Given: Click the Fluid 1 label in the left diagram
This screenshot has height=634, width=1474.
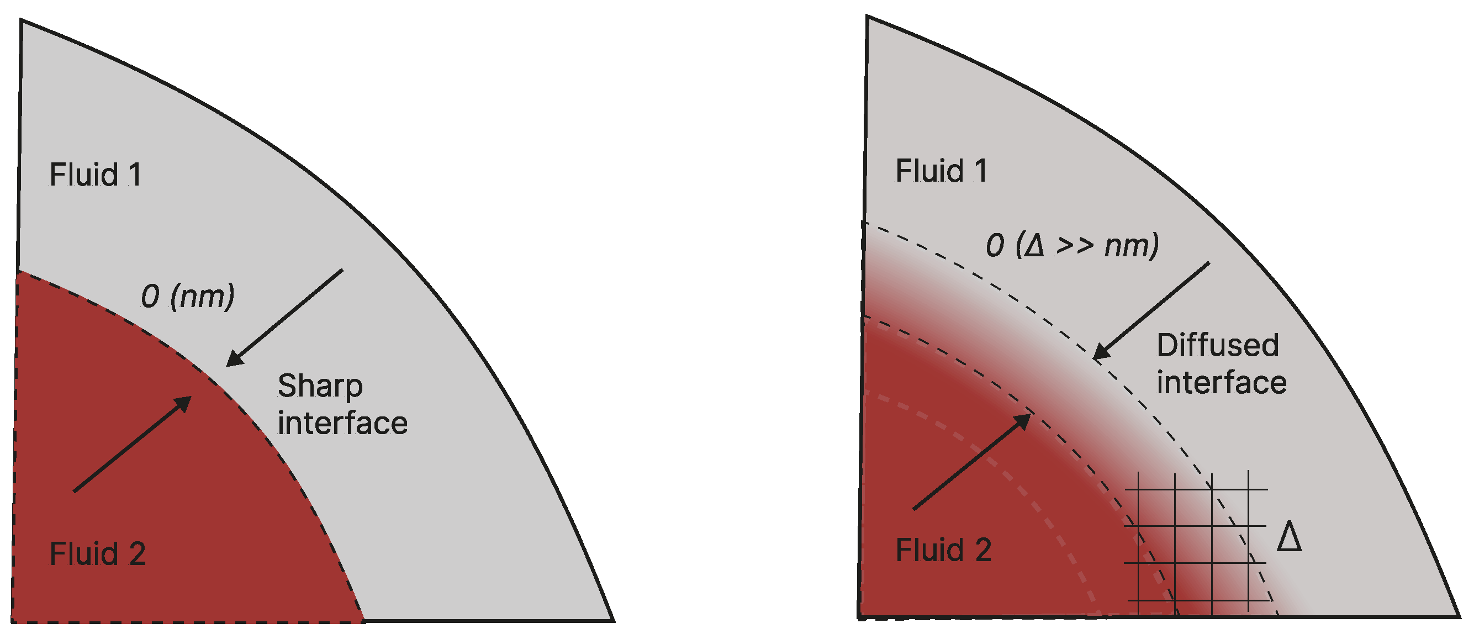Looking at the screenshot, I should [x=95, y=175].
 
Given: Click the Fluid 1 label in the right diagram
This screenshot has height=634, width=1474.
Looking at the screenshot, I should [x=941, y=171].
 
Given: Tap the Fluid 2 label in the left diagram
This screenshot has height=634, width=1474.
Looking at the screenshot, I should [x=97, y=554].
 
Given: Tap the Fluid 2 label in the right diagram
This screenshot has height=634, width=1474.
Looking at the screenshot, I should [x=943, y=551].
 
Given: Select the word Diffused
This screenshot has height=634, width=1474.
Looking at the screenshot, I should [x=1218, y=346].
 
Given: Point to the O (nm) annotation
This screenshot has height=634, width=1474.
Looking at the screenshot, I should [x=188, y=297].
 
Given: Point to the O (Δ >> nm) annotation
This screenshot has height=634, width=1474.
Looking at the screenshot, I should [x=1072, y=245].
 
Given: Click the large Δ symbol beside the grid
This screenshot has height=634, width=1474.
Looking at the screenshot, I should [x=1289, y=537].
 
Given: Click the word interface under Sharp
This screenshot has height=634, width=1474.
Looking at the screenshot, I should [x=342, y=424].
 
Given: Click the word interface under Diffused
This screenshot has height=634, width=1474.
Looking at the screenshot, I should [x=1222, y=383].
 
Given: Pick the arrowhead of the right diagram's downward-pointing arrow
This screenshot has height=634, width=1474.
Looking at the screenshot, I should [x=1099, y=353].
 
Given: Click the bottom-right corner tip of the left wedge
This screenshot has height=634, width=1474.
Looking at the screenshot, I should [x=613, y=620].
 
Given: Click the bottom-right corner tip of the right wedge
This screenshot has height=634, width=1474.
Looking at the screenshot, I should [x=1459, y=617].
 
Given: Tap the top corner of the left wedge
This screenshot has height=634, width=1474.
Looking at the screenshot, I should [x=22, y=20].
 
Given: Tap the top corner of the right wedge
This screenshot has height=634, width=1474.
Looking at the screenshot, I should [x=868, y=17].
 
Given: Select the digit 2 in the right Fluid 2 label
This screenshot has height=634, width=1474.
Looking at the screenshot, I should [x=983, y=551].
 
